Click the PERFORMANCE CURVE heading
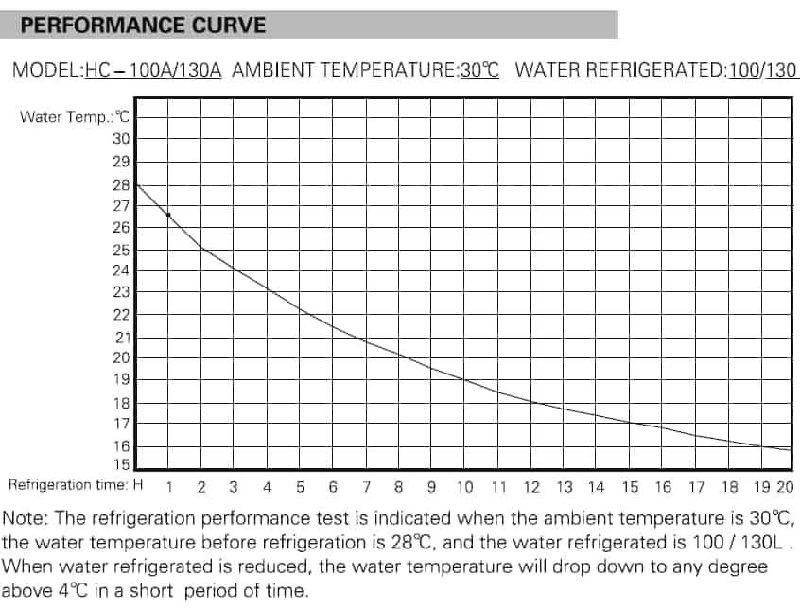coord(143,25)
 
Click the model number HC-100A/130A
coord(152,70)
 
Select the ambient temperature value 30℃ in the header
coord(479,70)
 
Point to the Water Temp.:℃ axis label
coord(74,117)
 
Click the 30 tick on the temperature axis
coord(122,139)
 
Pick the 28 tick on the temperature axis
coord(122,185)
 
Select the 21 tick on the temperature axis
coord(122,338)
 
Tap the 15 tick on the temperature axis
coord(122,465)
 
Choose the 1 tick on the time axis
coord(169,487)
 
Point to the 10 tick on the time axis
coord(464,487)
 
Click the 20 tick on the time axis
coord(785,487)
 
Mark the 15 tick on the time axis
coord(630,487)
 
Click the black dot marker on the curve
coord(168,216)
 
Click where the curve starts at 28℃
coord(137,184)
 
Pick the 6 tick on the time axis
coord(333,487)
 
